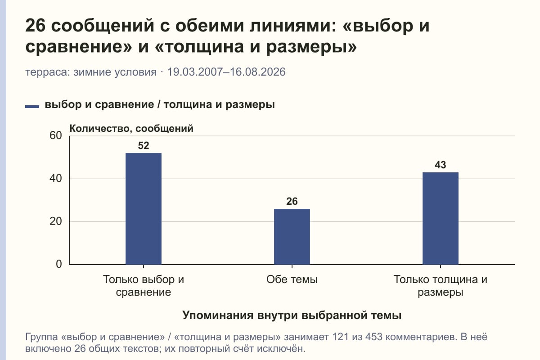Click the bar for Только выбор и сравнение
tap(144, 208)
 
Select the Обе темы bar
tap(292, 237)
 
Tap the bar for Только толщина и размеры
tap(441, 218)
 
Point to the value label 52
tap(144, 146)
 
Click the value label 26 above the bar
tap(292, 201)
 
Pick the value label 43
tap(441, 165)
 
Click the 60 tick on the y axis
tap(56, 135)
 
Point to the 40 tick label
tap(56, 179)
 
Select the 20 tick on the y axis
tap(56, 221)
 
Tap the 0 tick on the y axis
tap(59, 264)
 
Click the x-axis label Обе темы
tap(292, 280)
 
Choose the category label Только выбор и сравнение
tap(144, 286)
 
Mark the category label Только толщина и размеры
tap(441, 286)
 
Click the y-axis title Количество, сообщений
tap(131, 129)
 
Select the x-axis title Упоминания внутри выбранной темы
tap(292, 315)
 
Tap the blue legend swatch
tap(32, 107)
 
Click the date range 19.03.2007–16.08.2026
tap(226, 72)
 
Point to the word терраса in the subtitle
tap(48, 72)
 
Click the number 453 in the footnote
tap(374, 337)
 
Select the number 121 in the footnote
tap(340, 337)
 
